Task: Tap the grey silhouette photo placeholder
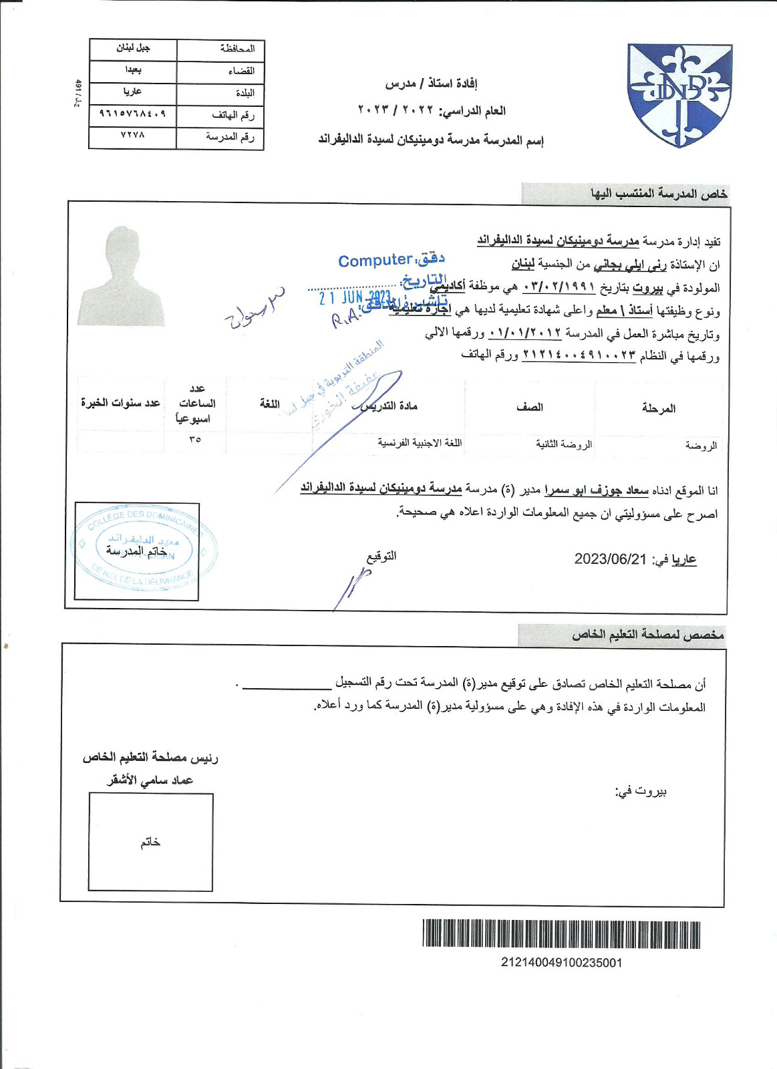pyautogui.click(x=120, y=277)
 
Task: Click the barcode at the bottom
pyautogui.click(x=561, y=934)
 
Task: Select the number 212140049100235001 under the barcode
pyautogui.click(x=561, y=963)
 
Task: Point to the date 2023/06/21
pyautogui.click(x=611, y=559)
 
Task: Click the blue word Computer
pyautogui.click(x=375, y=261)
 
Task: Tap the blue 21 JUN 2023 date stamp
pyautogui.click(x=355, y=297)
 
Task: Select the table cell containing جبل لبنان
pyautogui.click(x=133, y=49)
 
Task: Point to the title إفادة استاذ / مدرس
pyautogui.click(x=431, y=84)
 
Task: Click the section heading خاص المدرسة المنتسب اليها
pyautogui.click(x=659, y=194)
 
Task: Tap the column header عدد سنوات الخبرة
pyautogui.click(x=120, y=403)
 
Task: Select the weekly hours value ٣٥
pyautogui.click(x=195, y=440)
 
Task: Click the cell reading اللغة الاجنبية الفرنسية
pyautogui.click(x=420, y=442)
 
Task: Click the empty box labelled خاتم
pyautogui.click(x=150, y=842)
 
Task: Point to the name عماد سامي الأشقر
pyautogui.click(x=150, y=780)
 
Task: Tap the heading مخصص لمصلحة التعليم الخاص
pyautogui.click(x=647, y=635)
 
